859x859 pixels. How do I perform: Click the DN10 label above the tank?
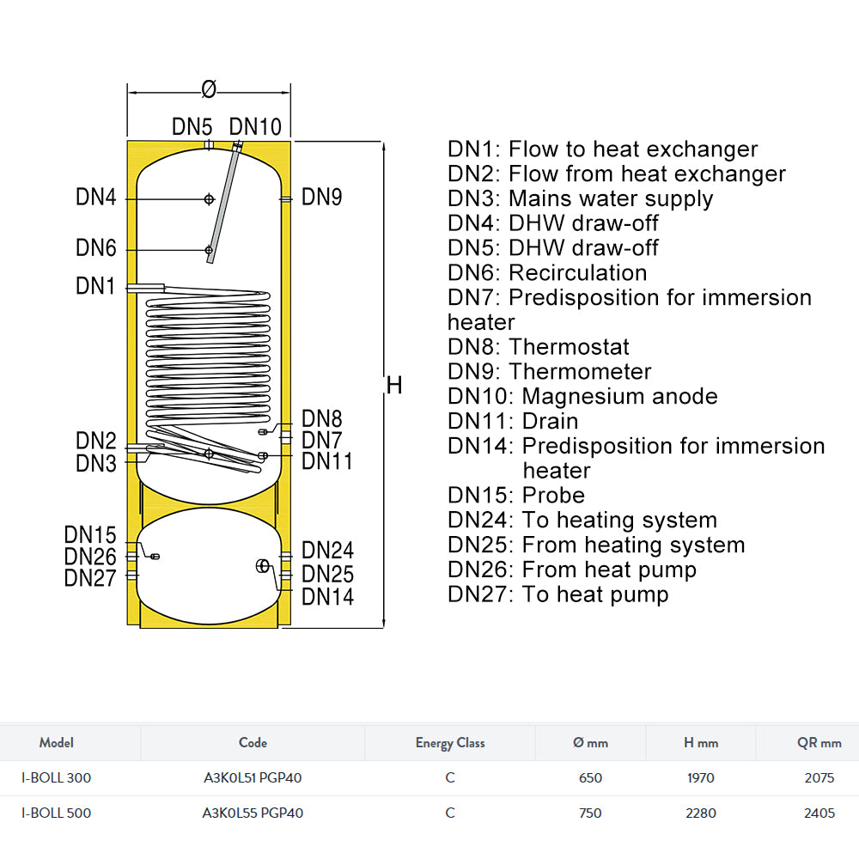(255, 127)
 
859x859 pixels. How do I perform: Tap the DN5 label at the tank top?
(192, 127)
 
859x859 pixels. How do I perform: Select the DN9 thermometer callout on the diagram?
(322, 198)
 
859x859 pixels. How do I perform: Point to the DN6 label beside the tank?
(95, 248)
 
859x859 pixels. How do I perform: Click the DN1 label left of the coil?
(95, 286)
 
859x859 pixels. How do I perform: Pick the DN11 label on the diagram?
(327, 461)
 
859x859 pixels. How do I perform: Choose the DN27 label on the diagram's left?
(90, 578)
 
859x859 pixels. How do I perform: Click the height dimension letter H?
(394, 386)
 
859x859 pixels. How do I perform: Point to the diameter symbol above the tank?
(208, 88)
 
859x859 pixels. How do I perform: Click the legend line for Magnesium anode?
(582, 396)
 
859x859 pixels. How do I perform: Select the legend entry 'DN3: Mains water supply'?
(580, 198)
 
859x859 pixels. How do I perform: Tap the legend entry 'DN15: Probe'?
(515, 496)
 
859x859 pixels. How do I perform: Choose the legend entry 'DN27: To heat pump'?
(557, 594)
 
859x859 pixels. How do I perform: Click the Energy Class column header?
(450, 743)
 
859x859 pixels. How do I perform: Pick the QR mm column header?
(819, 743)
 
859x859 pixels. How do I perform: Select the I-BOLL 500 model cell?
(56, 813)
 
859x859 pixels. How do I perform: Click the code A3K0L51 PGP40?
(253, 778)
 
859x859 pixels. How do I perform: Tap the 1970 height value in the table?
(701, 778)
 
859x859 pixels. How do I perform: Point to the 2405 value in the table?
(819, 813)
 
